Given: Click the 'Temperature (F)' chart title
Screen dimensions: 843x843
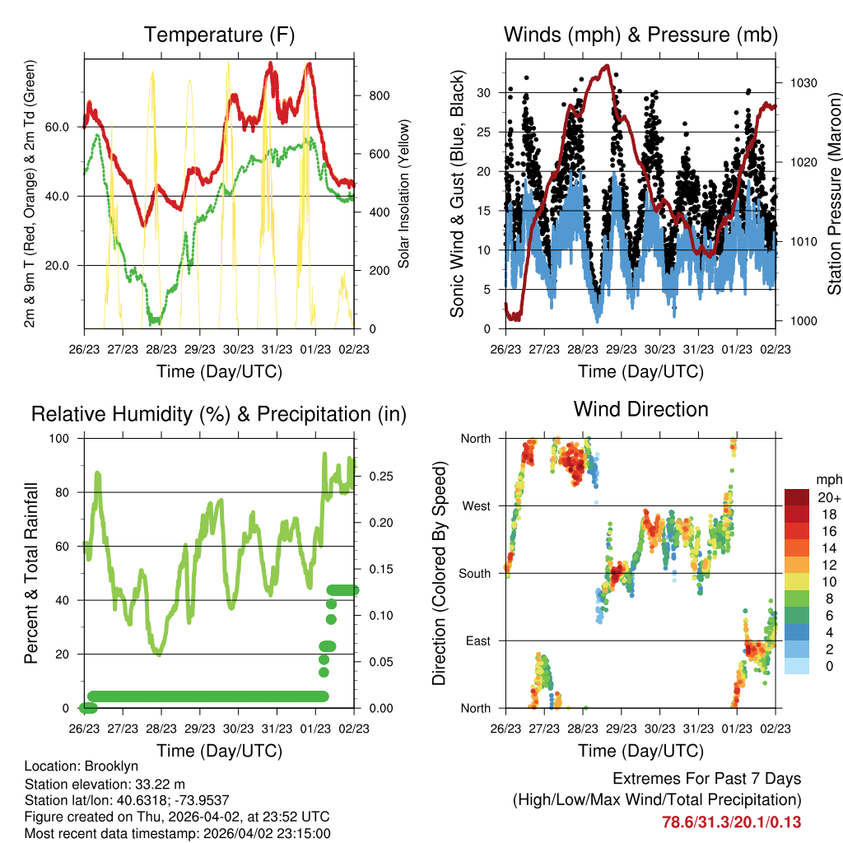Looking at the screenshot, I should click(x=219, y=35).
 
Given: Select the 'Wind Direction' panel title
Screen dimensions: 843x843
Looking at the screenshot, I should click(x=640, y=409).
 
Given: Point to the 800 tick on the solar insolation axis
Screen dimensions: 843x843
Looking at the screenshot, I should click(x=380, y=95).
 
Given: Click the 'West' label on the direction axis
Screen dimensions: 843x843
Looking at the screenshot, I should click(x=475, y=505).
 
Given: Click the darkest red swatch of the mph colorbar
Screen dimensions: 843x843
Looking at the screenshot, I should click(x=796, y=497).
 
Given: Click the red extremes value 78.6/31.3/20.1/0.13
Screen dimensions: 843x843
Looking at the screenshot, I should click(x=731, y=822).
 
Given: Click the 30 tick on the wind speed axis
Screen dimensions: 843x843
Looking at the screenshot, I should click(x=486, y=93).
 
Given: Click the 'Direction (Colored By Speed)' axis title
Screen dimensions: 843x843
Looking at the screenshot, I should click(x=439, y=573).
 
